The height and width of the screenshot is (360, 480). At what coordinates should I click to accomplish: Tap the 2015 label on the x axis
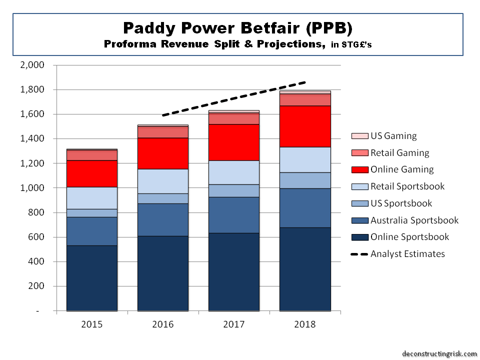[x=92, y=324]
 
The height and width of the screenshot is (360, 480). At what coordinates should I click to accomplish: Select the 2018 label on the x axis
[x=305, y=324]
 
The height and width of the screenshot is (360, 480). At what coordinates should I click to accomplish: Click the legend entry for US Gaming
[x=393, y=136]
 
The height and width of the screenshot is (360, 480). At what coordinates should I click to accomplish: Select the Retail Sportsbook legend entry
[x=407, y=186]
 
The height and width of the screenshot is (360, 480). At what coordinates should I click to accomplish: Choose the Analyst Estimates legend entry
[x=407, y=254]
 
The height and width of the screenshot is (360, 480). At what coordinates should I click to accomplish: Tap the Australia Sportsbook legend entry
[x=414, y=220]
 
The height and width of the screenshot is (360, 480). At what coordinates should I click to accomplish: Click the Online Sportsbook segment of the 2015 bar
[x=92, y=278]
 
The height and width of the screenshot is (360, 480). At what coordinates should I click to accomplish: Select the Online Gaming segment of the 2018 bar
[x=305, y=126]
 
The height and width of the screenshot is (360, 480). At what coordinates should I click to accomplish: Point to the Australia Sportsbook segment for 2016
[x=163, y=219]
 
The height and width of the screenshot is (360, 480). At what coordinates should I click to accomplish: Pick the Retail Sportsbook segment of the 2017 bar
[x=234, y=172]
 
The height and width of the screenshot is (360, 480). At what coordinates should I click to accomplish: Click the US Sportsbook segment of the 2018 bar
[x=305, y=180]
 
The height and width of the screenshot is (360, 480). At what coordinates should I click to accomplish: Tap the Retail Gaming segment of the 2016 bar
[x=163, y=132]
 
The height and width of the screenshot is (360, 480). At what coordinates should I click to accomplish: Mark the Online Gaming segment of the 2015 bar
[x=92, y=173]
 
